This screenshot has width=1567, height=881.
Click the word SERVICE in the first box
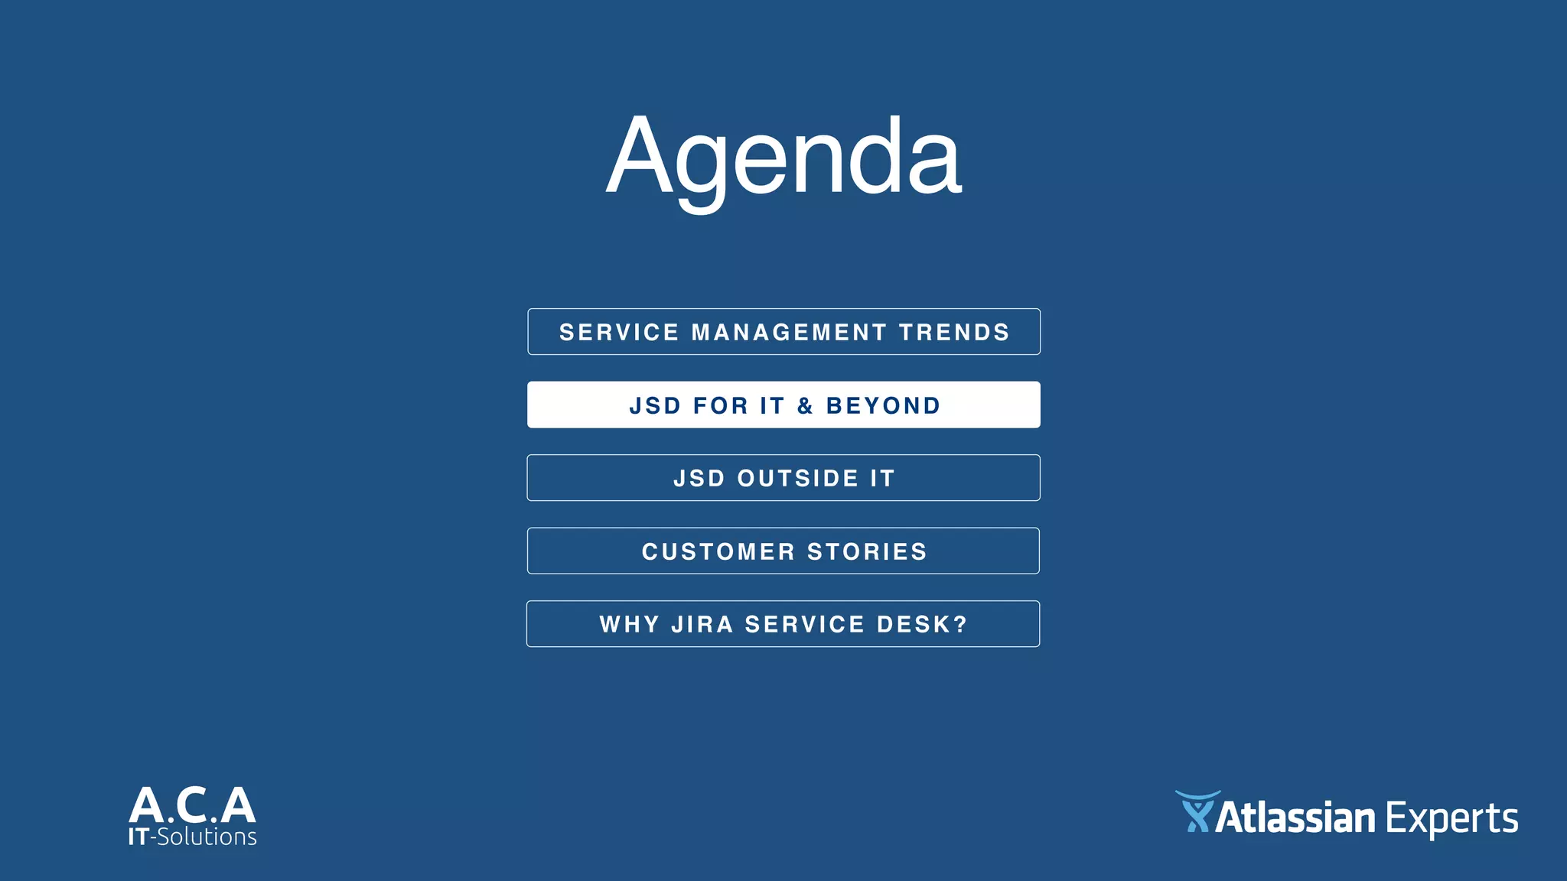(x=619, y=333)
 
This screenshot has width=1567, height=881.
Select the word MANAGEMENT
(x=789, y=333)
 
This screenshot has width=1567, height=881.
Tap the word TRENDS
(x=954, y=333)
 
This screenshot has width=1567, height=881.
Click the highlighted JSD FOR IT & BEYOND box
(x=783, y=405)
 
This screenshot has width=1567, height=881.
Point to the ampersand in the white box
(x=805, y=406)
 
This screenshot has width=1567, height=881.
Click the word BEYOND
(x=883, y=406)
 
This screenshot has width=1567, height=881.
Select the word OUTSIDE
(x=797, y=479)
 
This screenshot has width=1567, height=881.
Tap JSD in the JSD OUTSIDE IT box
(x=699, y=479)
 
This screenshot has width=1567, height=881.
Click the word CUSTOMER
(x=718, y=552)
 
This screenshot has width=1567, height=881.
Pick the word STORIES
(x=867, y=552)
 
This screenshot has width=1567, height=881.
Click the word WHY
(x=629, y=625)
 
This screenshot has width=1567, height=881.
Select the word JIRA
(x=702, y=625)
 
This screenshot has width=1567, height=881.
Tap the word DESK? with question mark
(x=922, y=625)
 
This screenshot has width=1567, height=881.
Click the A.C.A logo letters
(x=192, y=805)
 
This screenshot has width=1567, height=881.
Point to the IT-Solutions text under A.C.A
(x=192, y=837)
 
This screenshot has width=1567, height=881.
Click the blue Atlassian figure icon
(x=1197, y=812)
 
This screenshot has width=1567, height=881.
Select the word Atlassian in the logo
(x=1295, y=818)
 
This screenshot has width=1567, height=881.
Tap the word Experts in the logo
(x=1451, y=818)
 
